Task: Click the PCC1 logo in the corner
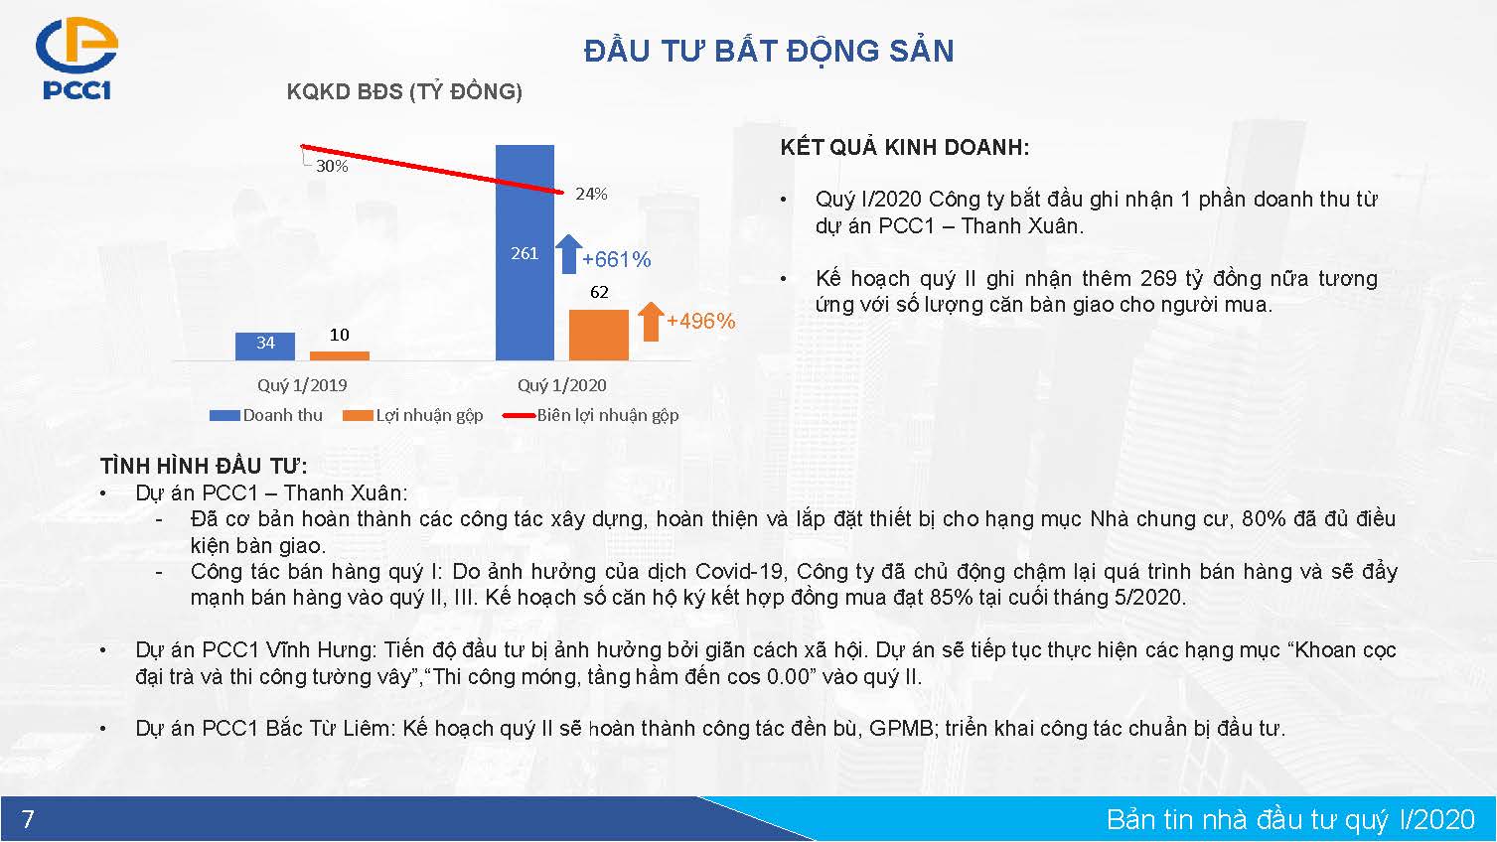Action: click(x=76, y=59)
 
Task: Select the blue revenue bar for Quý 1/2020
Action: click(x=524, y=252)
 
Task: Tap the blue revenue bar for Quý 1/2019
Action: click(x=265, y=347)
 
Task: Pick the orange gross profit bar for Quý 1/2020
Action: click(x=599, y=335)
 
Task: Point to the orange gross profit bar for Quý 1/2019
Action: click(x=340, y=356)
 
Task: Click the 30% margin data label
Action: click(x=332, y=167)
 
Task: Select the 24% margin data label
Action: click(x=591, y=194)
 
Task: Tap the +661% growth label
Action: click(x=616, y=259)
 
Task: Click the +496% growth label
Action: click(x=701, y=321)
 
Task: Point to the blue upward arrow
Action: click(x=569, y=254)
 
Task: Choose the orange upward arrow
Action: click(x=651, y=322)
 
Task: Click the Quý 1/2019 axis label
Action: click(x=302, y=385)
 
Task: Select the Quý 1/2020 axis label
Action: click(x=562, y=385)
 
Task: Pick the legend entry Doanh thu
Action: click(x=266, y=415)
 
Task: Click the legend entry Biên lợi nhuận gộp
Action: click(x=591, y=415)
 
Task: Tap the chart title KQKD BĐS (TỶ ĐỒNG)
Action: click(x=404, y=91)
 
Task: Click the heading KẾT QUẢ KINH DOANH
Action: click(x=905, y=147)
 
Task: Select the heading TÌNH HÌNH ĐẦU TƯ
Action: click(x=204, y=466)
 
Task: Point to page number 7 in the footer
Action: click(x=28, y=818)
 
